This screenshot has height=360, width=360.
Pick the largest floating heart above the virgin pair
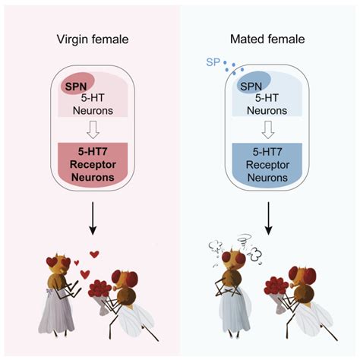point(94,254)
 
